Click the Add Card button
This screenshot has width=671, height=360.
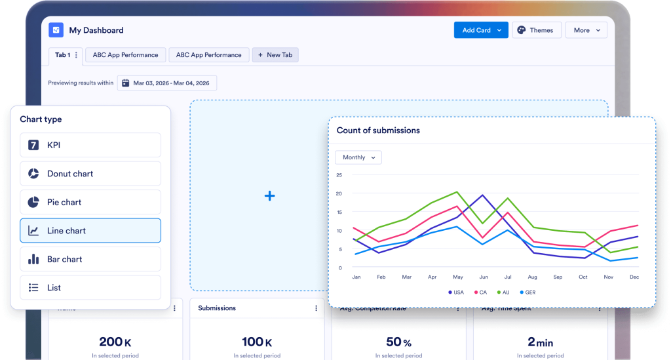(480, 30)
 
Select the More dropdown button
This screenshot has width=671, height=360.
(586, 30)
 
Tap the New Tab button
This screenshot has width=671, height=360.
(275, 55)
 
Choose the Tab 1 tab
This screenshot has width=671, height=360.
(62, 55)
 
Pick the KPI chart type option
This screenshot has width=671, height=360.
(90, 145)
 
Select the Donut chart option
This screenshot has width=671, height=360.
(90, 174)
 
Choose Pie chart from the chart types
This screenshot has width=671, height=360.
(90, 202)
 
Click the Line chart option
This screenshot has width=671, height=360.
(90, 231)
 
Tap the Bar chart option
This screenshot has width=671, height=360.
(90, 259)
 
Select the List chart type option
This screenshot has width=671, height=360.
(90, 287)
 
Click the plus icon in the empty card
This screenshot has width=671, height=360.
(269, 196)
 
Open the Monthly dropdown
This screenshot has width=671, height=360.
(358, 157)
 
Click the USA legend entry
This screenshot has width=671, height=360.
(455, 292)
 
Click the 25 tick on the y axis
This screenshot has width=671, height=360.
(339, 175)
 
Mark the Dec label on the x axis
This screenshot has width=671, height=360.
(633, 277)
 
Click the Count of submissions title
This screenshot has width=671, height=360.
(378, 130)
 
